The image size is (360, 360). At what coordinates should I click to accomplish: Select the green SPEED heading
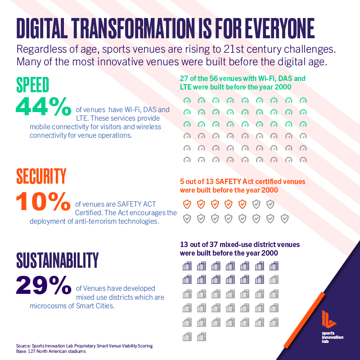coord(32,85)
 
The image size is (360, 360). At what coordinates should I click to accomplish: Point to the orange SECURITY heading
coord(41,176)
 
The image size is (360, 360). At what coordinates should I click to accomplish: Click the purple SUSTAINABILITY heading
coord(57,260)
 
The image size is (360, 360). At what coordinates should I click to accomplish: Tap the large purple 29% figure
coord(43,285)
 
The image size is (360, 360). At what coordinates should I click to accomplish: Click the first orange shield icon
coord(187,204)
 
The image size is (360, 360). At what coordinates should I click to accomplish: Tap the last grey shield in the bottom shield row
coord(284,219)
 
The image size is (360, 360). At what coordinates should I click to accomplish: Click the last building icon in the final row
coord(202,336)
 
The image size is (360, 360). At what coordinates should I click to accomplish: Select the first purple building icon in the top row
coord(187,266)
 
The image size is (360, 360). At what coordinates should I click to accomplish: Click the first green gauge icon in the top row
coord(187,101)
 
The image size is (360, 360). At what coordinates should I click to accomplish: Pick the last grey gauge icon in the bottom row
coord(303,159)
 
